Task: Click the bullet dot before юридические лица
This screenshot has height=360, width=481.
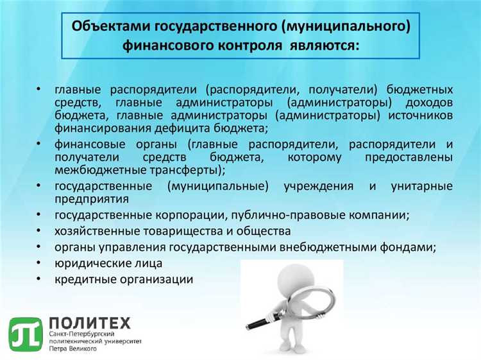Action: pyautogui.click(x=39, y=262)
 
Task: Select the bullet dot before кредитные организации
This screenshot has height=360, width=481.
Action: pyautogui.click(x=39, y=279)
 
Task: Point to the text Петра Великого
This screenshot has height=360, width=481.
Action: pyautogui.click(x=72, y=349)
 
